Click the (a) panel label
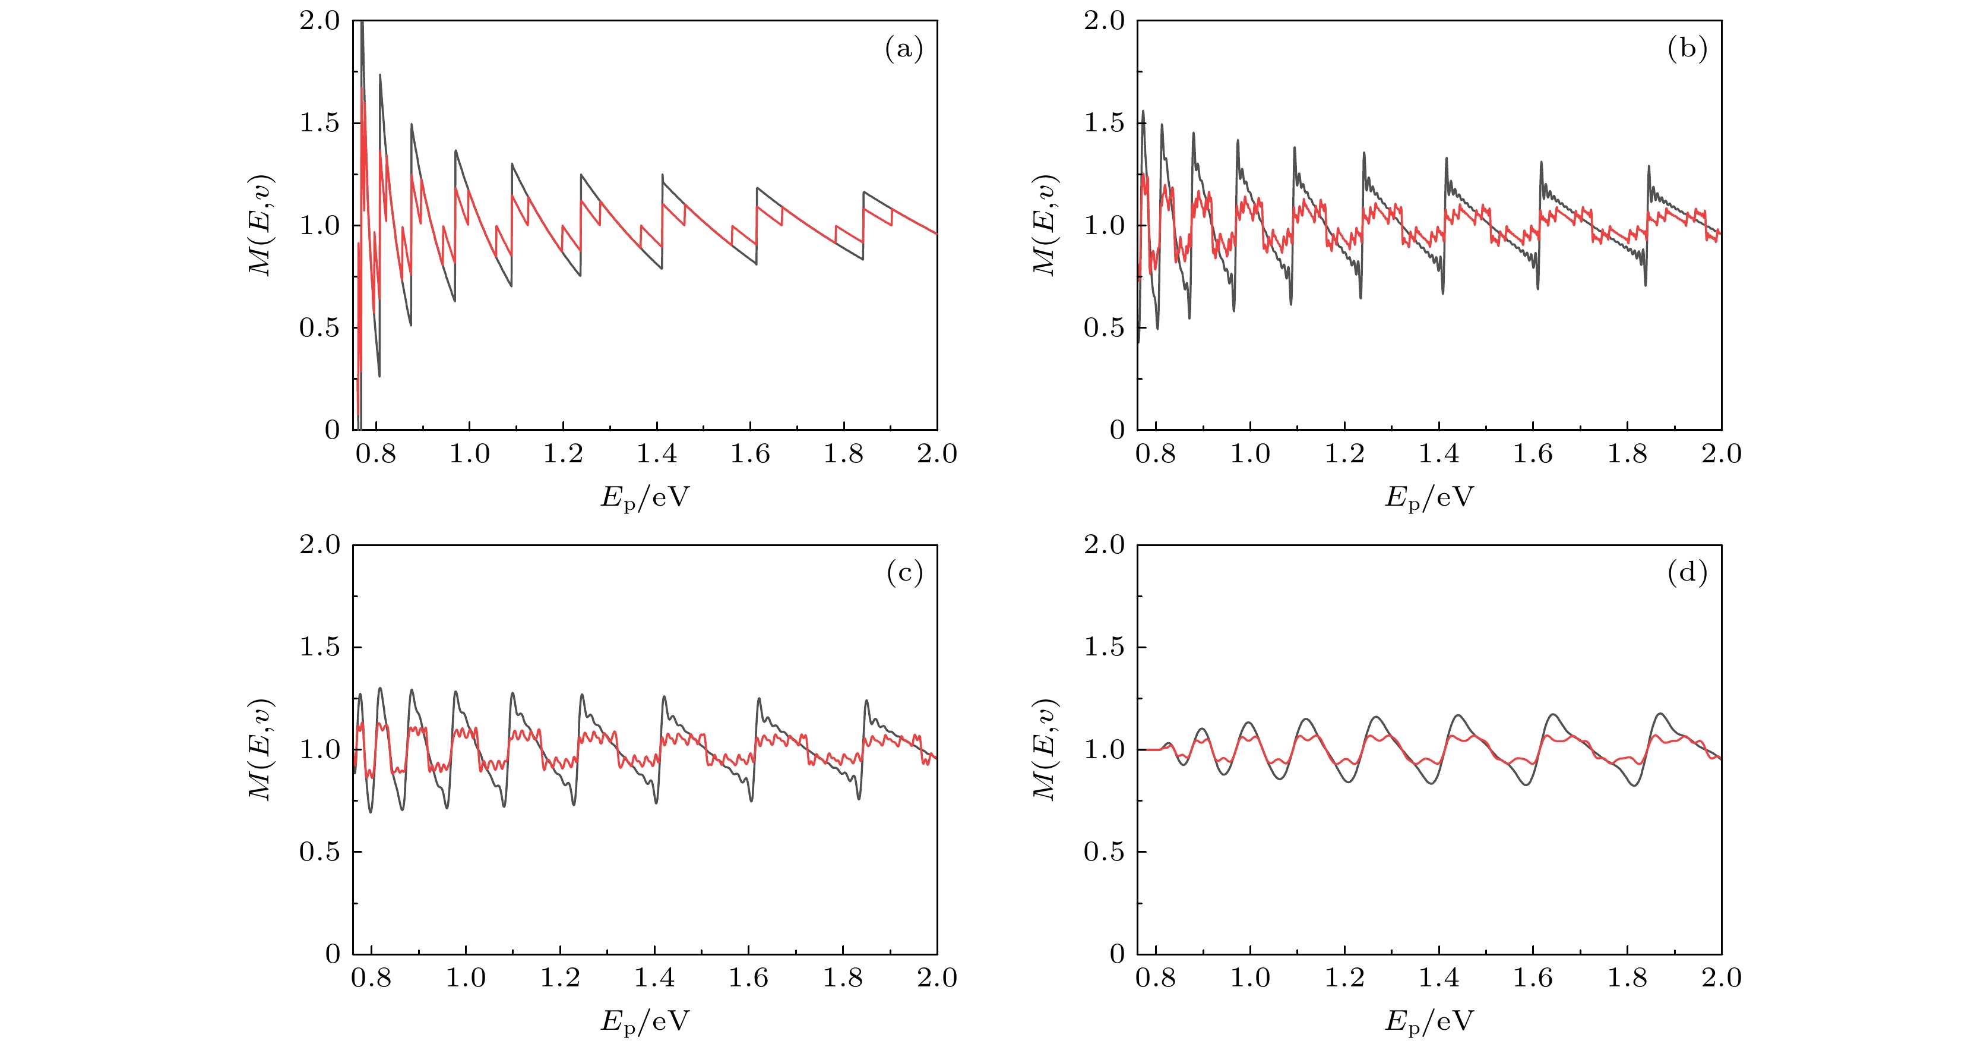click(x=903, y=49)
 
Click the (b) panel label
click(x=1687, y=49)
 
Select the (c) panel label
click(x=904, y=573)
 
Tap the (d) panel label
click(x=1687, y=573)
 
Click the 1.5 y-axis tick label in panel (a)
click(x=319, y=122)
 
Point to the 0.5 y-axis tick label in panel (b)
click(x=1104, y=328)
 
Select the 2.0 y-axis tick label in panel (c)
click(x=319, y=545)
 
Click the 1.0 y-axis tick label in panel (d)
click(x=1104, y=750)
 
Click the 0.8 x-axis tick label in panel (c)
click(x=371, y=978)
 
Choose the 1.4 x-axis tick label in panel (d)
click(x=1438, y=978)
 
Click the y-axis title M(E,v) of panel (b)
click(x=1045, y=225)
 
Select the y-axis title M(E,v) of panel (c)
click(x=260, y=750)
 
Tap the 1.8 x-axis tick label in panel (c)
click(x=842, y=978)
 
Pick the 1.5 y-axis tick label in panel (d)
click(x=1104, y=647)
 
